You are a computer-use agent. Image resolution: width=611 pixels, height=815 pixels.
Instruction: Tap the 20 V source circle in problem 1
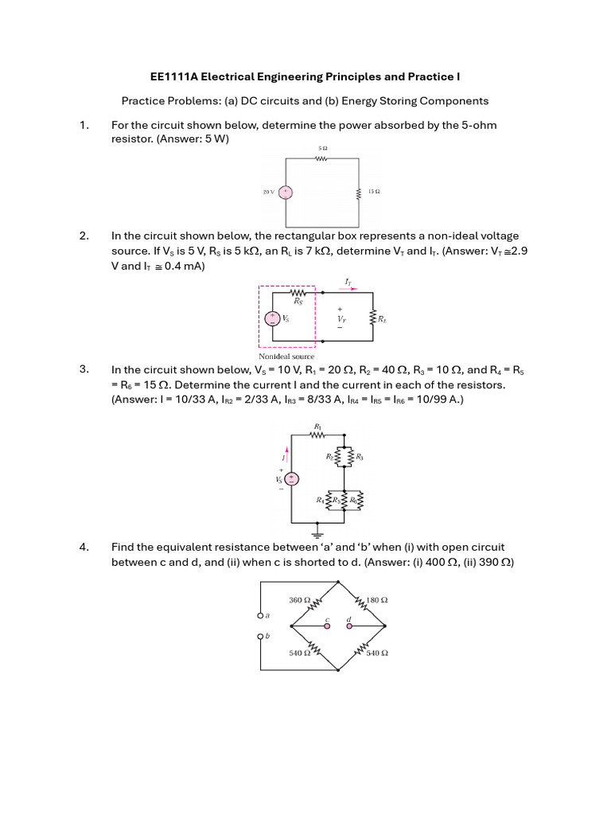[x=284, y=193]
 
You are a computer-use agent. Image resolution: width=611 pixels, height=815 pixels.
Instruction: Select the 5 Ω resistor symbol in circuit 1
[x=322, y=158]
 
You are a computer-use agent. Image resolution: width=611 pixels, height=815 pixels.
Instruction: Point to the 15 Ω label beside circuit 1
[x=373, y=192]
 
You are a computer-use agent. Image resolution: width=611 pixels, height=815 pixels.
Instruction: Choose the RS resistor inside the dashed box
[x=298, y=293]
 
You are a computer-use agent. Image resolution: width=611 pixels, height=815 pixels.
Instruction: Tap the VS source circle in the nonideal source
[x=273, y=318]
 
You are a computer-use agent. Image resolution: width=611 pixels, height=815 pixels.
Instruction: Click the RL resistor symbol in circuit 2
[x=372, y=318]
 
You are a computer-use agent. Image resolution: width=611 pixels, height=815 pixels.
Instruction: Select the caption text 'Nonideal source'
[x=286, y=357]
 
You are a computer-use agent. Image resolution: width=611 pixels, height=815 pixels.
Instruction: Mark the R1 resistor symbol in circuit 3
[x=318, y=435]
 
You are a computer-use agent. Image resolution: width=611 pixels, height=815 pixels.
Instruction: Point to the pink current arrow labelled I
[x=286, y=454]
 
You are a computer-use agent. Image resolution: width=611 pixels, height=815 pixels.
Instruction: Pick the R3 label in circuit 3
[x=360, y=457]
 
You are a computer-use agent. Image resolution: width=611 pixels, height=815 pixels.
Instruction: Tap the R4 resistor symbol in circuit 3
[x=329, y=501]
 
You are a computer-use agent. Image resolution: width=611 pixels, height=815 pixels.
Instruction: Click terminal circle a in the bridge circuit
[x=259, y=616]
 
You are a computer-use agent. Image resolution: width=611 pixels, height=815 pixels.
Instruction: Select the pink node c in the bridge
[x=327, y=626]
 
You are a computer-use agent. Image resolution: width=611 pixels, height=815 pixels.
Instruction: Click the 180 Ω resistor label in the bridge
[x=377, y=600]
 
